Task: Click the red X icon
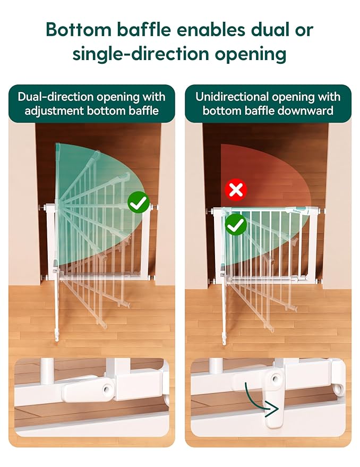click(x=236, y=190)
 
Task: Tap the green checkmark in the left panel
click(x=138, y=203)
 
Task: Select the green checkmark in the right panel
click(x=236, y=225)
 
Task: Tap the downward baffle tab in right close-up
click(x=275, y=410)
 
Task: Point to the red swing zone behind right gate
click(x=265, y=170)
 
